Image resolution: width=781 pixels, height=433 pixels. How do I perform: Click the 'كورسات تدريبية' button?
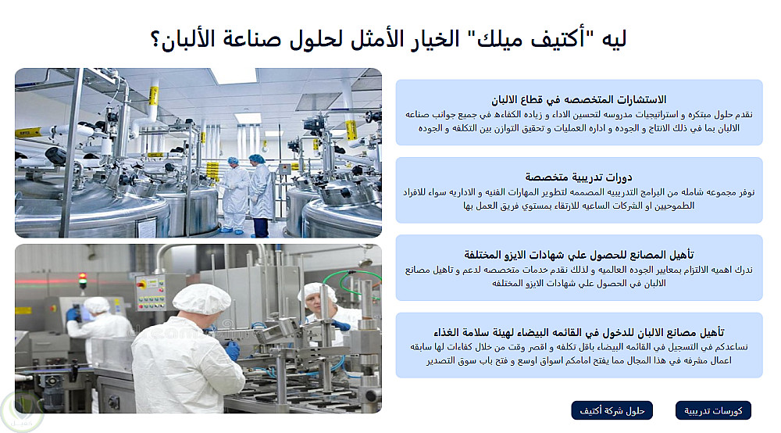tap(713, 410)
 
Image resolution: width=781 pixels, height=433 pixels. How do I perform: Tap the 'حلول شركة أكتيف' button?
tap(612, 410)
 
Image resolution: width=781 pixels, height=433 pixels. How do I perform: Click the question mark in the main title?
tap(155, 39)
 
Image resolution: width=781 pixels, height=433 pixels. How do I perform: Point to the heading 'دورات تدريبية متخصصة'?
tap(579, 177)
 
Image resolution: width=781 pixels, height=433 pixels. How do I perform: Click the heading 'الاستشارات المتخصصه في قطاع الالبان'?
tap(579, 100)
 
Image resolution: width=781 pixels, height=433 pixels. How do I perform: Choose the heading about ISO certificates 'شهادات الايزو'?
tap(579, 255)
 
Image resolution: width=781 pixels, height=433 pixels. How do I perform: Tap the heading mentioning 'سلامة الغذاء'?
tap(579, 332)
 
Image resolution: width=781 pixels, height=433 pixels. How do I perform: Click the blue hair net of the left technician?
tap(233, 160)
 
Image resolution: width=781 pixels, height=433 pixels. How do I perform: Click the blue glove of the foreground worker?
tap(232, 350)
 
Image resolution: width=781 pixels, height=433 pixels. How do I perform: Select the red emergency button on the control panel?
tap(141, 284)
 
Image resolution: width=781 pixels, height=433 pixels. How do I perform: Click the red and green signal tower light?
tap(83, 280)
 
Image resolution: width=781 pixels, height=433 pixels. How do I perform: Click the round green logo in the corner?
tap(22, 412)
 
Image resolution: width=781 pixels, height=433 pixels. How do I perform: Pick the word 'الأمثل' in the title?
tap(377, 39)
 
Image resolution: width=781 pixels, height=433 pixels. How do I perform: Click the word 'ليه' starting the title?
tap(614, 39)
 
